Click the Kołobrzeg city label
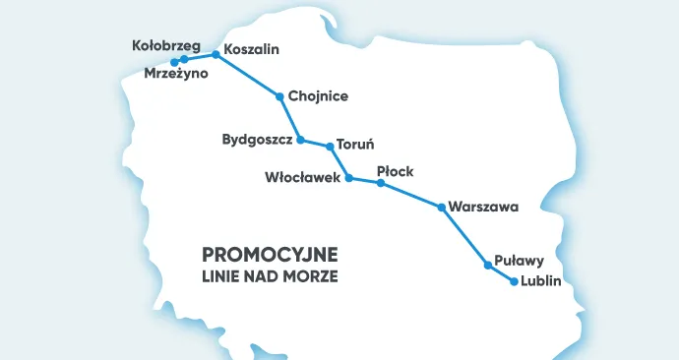coord(166,45)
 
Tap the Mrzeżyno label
coord(176,74)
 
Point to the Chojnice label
coord(319,96)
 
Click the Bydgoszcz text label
coord(258,141)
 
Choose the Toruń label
coord(356,144)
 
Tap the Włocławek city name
coord(302,178)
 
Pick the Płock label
coord(395,171)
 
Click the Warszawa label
coord(482,208)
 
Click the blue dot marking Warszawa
coord(441,208)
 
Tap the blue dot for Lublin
coord(514,281)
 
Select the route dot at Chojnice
coord(280,96)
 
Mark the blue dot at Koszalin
coord(216,54)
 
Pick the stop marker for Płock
coord(380,183)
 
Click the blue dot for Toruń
coord(330,147)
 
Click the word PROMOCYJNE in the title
coord(270,255)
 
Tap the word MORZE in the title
coord(314,277)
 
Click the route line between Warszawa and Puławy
coord(464,236)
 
